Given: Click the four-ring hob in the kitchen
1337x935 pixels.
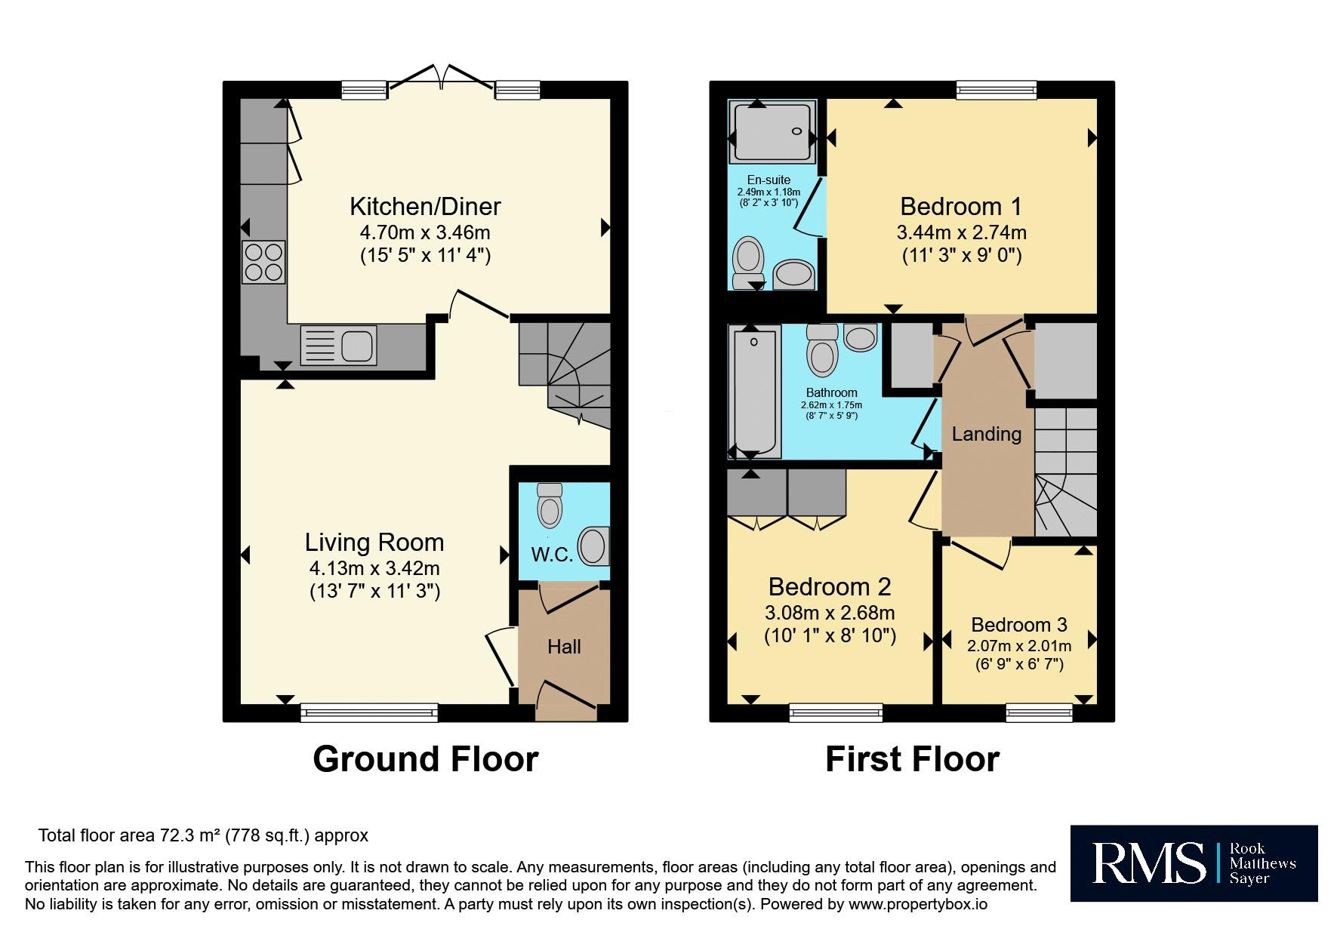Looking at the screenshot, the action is click(x=263, y=262).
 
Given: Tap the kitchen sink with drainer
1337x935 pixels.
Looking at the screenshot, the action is click(x=338, y=345).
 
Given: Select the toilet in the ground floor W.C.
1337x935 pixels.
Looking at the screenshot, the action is click(x=550, y=504).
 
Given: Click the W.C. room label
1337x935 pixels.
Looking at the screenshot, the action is click(x=552, y=555).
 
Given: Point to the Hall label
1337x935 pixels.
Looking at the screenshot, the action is click(x=564, y=647).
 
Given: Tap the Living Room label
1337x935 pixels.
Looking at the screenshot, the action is click(x=374, y=542).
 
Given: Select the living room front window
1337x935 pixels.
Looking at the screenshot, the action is click(x=369, y=712).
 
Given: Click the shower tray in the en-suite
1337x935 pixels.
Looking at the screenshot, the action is click(x=772, y=131).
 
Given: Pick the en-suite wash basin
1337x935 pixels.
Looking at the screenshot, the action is click(x=793, y=274).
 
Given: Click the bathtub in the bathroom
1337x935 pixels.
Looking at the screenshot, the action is click(x=755, y=392).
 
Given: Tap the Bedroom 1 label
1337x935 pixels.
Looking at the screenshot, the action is click(x=961, y=206).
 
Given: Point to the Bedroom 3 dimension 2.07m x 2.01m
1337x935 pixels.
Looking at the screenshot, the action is click(x=1019, y=646).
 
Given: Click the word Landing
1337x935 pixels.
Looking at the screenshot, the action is click(x=987, y=434).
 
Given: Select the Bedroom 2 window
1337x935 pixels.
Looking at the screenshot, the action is click(x=836, y=712).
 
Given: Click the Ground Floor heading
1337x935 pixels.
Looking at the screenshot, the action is click(x=426, y=759).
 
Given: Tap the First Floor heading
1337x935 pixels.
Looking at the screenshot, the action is click(x=912, y=759).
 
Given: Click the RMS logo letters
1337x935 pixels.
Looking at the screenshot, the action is click(x=1148, y=863).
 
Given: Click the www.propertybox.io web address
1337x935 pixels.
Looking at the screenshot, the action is click(x=917, y=904).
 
